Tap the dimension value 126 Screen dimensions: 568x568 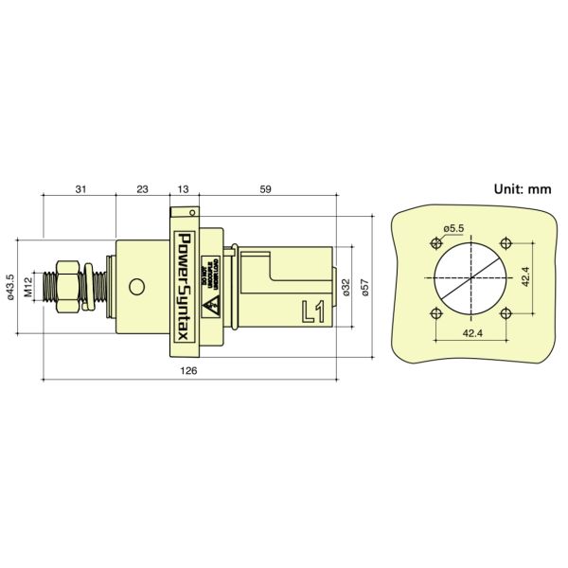click(188, 371)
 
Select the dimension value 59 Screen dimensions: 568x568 click(265, 190)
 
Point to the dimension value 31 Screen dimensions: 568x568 click(80, 190)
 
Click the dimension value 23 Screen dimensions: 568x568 click(142, 190)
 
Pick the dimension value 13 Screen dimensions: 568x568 click(182, 190)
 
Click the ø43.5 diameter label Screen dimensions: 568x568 click(10, 285)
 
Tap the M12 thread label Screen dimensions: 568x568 click(28, 286)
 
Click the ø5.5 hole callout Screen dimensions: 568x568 click(453, 228)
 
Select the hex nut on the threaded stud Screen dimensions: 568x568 click(68, 285)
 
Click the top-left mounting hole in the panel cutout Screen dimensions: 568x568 click(435, 241)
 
